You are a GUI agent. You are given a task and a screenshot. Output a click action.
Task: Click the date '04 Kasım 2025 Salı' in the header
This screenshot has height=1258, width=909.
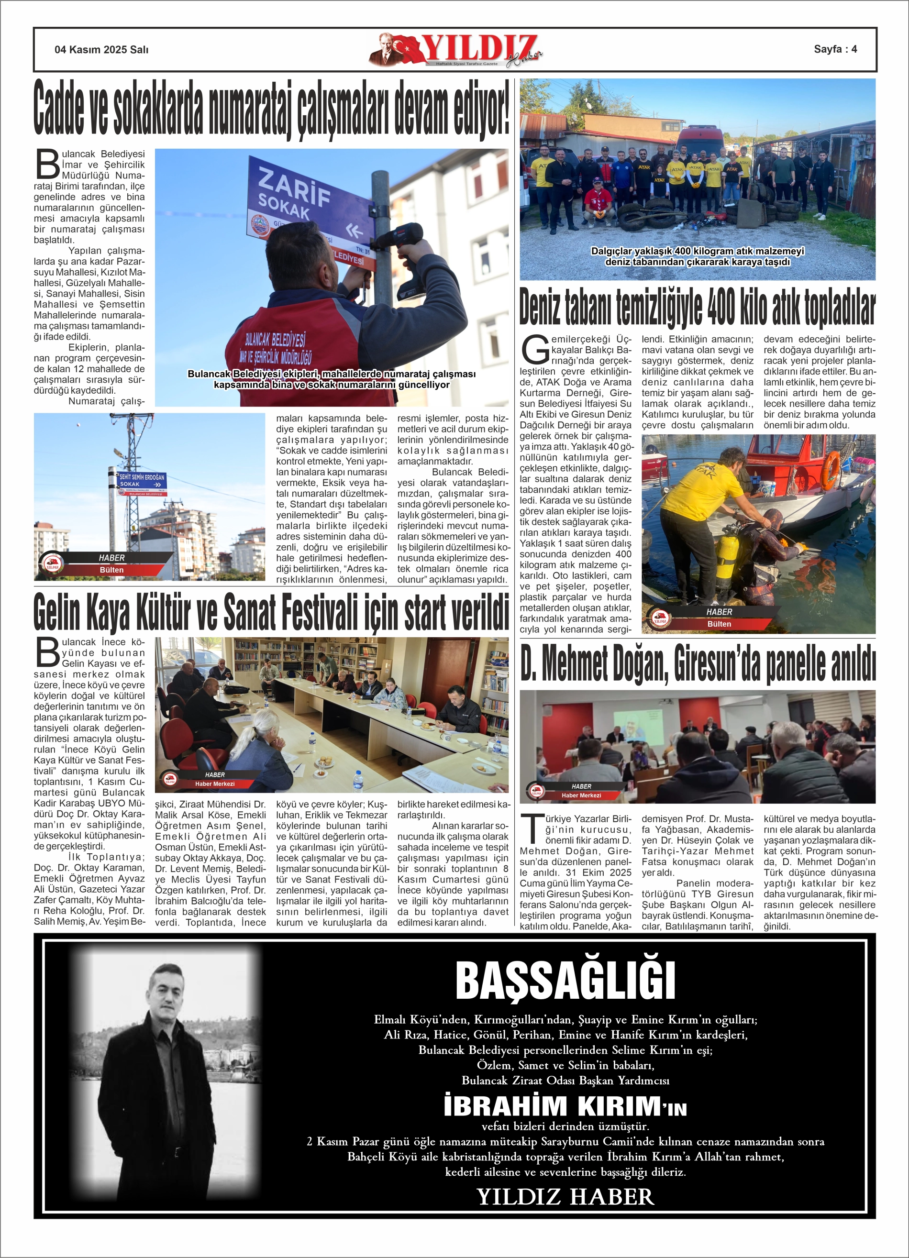pyautogui.click(x=101, y=49)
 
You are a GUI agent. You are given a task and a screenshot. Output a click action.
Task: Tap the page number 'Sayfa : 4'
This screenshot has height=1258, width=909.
pyautogui.click(x=835, y=49)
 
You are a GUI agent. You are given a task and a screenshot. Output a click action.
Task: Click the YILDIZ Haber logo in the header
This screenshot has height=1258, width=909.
pyautogui.click(x=455, y=50)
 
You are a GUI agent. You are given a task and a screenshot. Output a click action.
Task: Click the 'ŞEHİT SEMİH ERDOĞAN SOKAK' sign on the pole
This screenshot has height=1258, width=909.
pyautogui.click(x=142, y=480)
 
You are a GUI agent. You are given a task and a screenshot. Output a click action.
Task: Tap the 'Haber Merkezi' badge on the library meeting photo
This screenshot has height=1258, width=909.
pyautogui.click(x=215, y=783)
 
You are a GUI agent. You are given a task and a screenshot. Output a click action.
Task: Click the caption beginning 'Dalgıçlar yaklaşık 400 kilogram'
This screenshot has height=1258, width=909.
pyautogui.click(x=697, y=256)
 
